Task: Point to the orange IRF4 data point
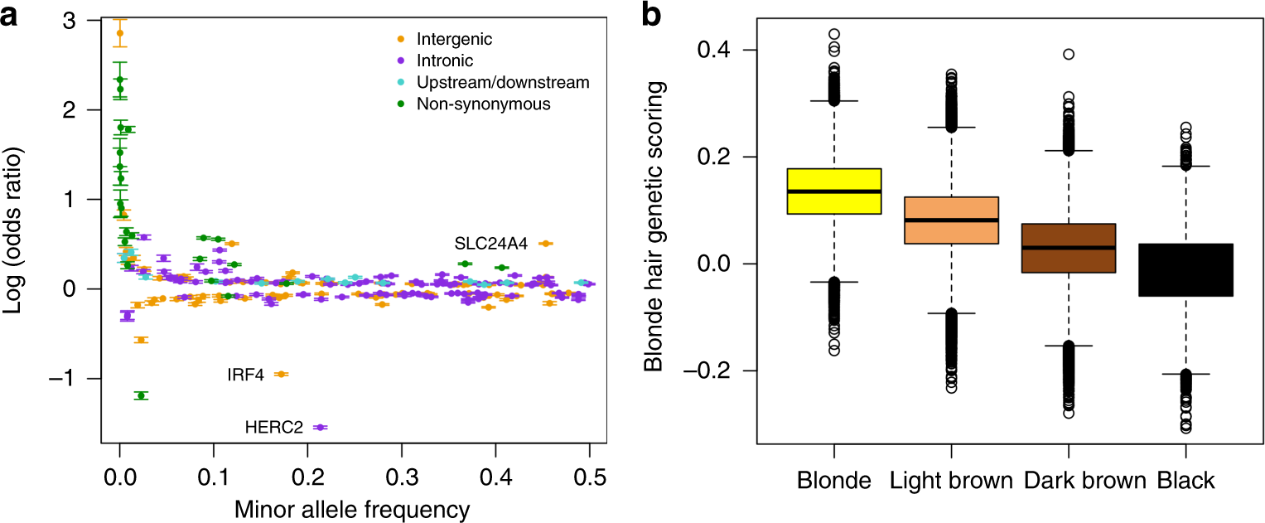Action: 281,375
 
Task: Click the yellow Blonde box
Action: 833,191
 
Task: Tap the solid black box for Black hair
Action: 1185,269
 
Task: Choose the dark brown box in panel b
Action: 1068,248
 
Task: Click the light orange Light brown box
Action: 951,220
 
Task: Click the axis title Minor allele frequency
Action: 355,507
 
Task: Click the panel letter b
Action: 651,15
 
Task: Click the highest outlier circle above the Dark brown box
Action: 1069,54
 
